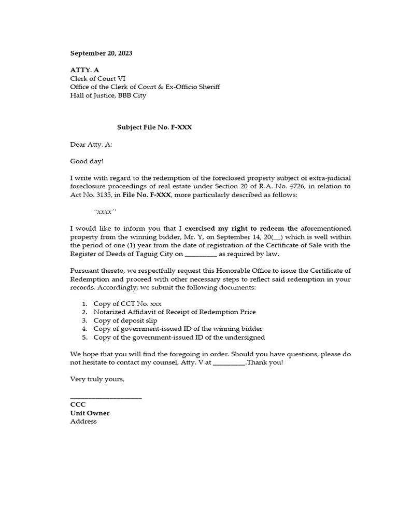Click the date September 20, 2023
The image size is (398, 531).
(x=101, y=53)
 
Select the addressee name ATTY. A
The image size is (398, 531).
(x=85, y=70)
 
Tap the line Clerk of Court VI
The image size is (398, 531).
(x=99, y=78)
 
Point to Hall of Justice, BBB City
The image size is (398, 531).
(x=108, y=95)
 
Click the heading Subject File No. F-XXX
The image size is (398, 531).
(x=154, y=127)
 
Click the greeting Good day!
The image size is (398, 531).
(x=87, y=162)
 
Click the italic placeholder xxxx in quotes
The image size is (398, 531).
(x=105, y=212)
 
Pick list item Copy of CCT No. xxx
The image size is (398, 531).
(x=130, y=303)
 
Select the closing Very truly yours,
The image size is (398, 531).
(x=97, y=380)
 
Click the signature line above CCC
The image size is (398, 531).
(x=106, y=397)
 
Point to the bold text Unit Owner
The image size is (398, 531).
(x=90, y=413)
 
